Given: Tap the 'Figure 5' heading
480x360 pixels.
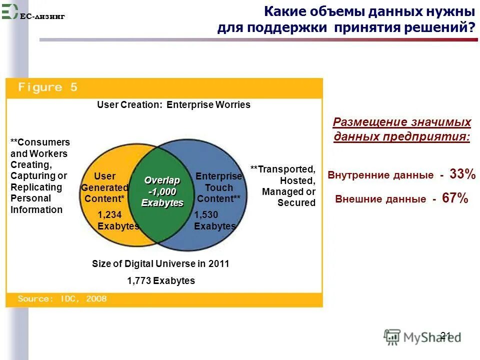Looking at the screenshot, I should click(x=48, y=87).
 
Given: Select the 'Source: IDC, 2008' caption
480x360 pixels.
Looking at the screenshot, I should click(x=62, y=299).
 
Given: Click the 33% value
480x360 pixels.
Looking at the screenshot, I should click(x=462, y=174).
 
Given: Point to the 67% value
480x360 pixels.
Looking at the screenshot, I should click(x=455, y=198).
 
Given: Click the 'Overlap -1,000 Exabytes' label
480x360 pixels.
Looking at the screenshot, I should click(x=162, y=191).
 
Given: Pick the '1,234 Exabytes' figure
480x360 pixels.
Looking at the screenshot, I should click(x=118, y=220).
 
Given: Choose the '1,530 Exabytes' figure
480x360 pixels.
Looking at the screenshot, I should click(x=214, y=220).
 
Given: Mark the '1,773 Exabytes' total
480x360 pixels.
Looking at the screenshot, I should click(x=161, y=280).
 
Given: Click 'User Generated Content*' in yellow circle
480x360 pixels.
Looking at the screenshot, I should click(x=104, y=187).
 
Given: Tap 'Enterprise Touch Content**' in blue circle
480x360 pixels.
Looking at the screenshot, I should click(x=218, y=187).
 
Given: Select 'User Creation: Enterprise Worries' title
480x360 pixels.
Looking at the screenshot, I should click(x=173, y=105).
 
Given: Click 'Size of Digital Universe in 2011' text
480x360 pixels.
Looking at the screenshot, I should click(x=160, y=264).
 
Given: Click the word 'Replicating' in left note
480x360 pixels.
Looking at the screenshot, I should click(x=36, y=187).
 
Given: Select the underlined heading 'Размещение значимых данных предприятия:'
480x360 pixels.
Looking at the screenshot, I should click(x=401, y=130).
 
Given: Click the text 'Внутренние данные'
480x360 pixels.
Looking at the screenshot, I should click(x=380, y=175).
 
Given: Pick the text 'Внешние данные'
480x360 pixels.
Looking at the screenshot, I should click(x=380, y=199).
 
